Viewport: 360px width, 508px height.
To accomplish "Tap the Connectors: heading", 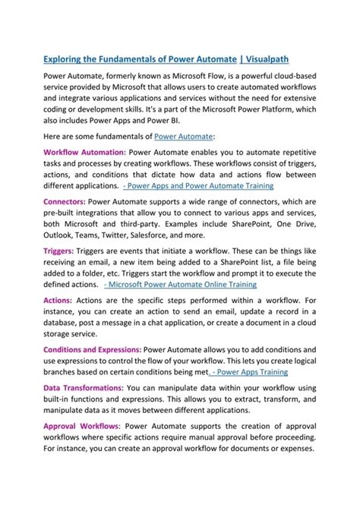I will click(65, 202).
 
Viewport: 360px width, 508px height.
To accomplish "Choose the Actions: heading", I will click(58, 301).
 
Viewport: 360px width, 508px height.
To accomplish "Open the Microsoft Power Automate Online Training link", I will click(180, 284).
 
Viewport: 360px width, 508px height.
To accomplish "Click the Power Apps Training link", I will click(242, 372).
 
